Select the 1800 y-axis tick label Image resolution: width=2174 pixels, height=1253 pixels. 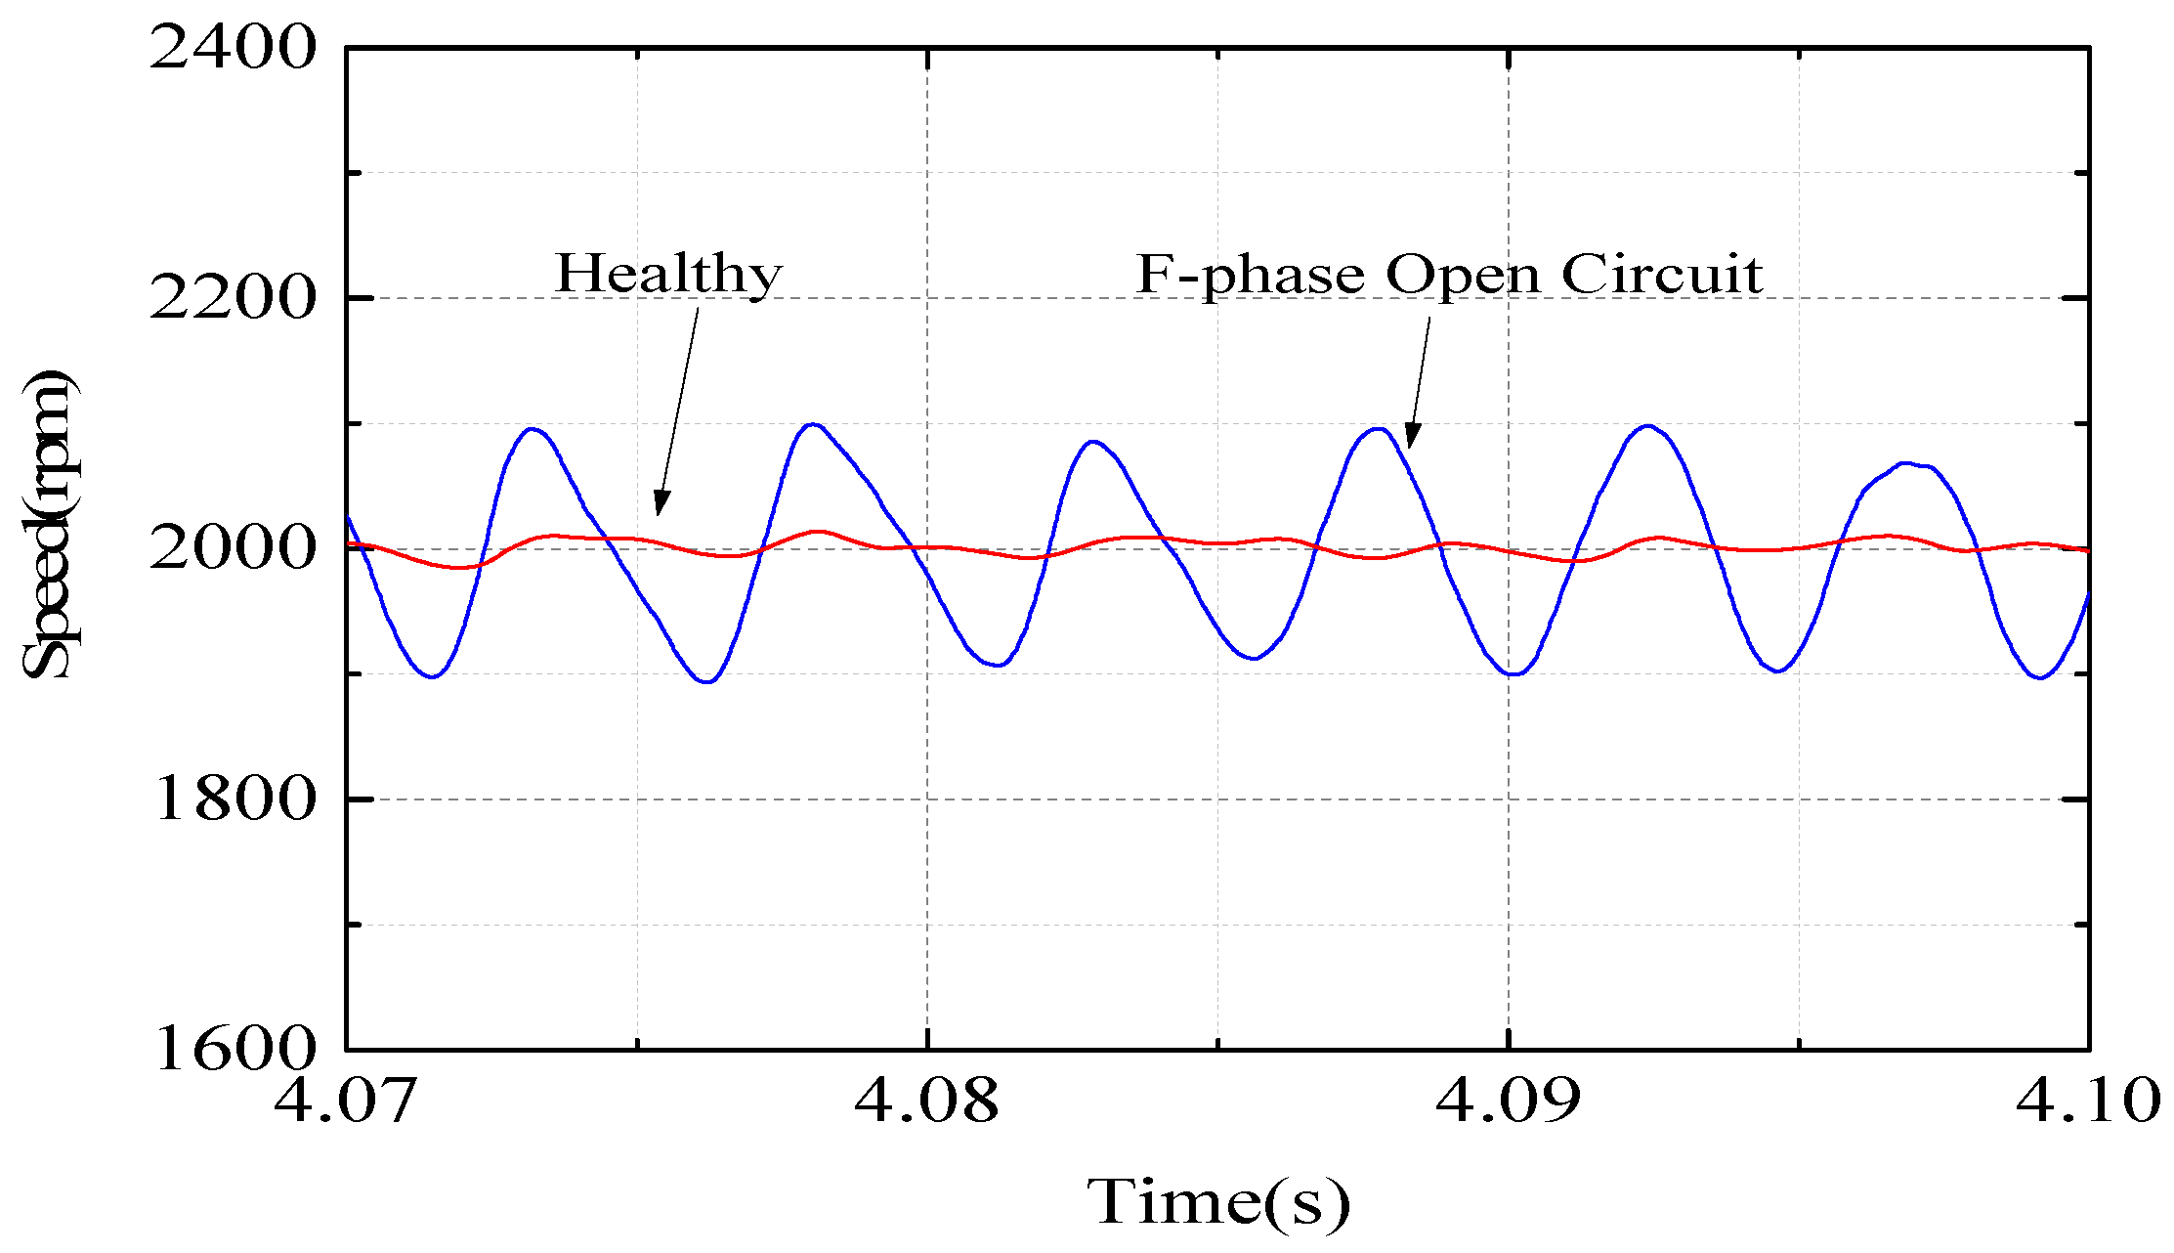[234, 799]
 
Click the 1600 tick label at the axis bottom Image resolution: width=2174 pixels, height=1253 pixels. [234, 1049]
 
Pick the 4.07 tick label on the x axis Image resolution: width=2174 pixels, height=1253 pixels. [346, 1101]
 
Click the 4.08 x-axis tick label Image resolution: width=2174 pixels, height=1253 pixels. [926, 1101]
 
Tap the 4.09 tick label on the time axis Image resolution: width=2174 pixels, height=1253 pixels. [1508, 1101]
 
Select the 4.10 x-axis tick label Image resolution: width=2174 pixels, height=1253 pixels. [2087, 1101]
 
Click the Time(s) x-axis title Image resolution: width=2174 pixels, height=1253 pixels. [1218, 1202]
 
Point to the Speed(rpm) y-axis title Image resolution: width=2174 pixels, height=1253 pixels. [47, 525]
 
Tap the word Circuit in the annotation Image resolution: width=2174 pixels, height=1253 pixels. [1661, 274]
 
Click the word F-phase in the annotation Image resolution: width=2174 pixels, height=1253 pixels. [1251, 276]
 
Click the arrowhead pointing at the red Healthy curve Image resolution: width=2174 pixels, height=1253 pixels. [661, 504]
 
